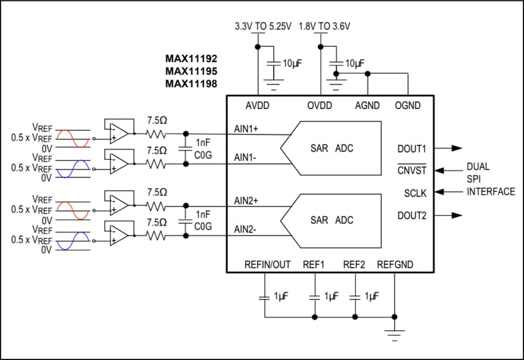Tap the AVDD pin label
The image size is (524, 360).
pos(258,106)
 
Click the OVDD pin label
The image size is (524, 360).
pos(320,106)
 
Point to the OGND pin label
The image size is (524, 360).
pos(407,106)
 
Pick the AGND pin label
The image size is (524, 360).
pos(368,106)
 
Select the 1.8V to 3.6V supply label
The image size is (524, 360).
pos(324,27)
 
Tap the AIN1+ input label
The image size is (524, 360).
pos(247,129)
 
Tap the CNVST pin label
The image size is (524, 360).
pos(412,170)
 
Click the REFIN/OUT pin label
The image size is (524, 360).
pos(268,265)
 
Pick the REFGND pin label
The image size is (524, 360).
pos(395,265)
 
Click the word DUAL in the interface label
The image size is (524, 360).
pos(478,166)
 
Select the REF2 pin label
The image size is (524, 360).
pos(354,265)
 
